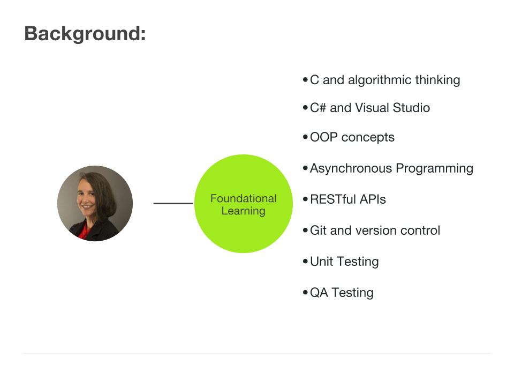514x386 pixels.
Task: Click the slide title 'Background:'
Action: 85,34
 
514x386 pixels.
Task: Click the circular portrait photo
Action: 95,203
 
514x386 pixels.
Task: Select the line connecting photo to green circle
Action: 173,203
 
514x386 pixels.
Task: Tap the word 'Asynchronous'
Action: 351,168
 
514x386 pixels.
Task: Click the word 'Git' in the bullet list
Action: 318,231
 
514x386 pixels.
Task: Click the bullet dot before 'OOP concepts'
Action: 305,137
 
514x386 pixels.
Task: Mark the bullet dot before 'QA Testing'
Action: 305,293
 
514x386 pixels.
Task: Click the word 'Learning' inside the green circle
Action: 244,211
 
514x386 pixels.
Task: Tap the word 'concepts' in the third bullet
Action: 368,137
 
